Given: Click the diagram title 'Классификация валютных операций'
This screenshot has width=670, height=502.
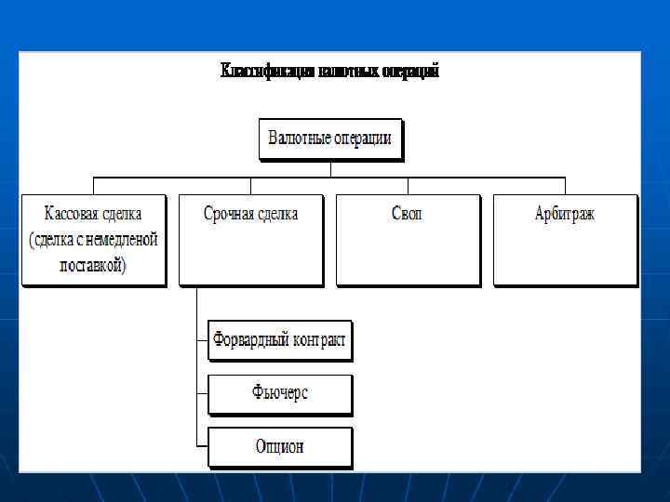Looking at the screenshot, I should (329, 72).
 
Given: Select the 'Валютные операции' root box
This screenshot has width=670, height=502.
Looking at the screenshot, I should (329, 139).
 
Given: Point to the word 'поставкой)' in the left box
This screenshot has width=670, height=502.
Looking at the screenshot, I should (93, 265).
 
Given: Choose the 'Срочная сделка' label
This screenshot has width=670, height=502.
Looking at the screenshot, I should (250, 214).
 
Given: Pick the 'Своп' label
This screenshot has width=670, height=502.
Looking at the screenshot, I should (407, 214).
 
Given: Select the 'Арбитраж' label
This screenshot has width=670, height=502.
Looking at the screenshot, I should (564, 214).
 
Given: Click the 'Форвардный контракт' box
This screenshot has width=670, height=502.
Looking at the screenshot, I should (279, 341).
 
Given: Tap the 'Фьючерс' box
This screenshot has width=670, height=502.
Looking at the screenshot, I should (279, 393).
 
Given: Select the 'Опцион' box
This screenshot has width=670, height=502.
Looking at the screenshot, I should (279, 446).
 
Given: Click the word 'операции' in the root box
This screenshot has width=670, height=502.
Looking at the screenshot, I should (359, 139).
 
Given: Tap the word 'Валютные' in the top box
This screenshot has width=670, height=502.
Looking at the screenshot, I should (296, 139).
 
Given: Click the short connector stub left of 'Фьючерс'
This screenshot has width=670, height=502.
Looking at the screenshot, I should (202, 394).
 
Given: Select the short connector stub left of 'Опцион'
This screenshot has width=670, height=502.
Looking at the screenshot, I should (202, 447).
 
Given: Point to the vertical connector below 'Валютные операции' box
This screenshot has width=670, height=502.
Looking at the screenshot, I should (330, 167).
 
